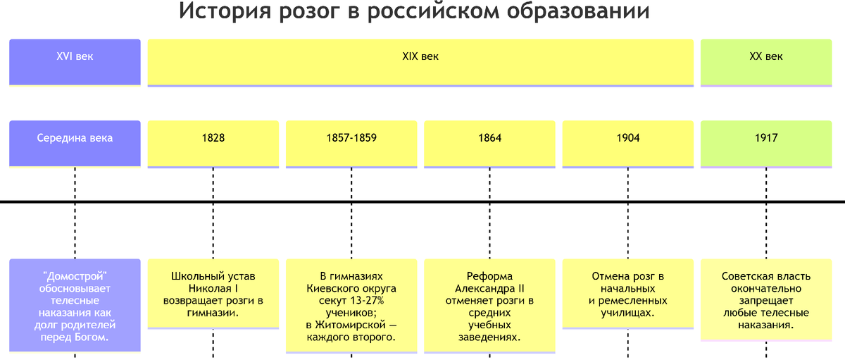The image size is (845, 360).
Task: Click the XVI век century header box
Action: (x=75, y=62)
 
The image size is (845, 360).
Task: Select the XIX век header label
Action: (x=420, y=56)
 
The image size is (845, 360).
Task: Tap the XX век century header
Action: (x=766, y=63)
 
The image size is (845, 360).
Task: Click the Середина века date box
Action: (x=75, y=144)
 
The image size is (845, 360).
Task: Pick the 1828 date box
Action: (x=213, y=144)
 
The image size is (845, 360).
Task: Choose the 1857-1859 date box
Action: (x=351, y=144)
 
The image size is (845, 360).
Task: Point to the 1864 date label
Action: (x=489, y=138)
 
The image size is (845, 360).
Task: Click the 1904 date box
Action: (x=628, y=144)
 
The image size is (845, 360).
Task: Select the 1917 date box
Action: (x=766, y=144)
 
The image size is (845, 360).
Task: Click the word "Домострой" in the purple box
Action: (x=75, y=276)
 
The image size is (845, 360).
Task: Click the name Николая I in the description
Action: (x=213, y=288)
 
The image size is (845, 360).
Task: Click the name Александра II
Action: (x=489, y=289)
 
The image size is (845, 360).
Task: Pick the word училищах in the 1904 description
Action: (x=627, y=313)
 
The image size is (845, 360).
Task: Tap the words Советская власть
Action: (x=766, y=276)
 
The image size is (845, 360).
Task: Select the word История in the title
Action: (x=225, y=11)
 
